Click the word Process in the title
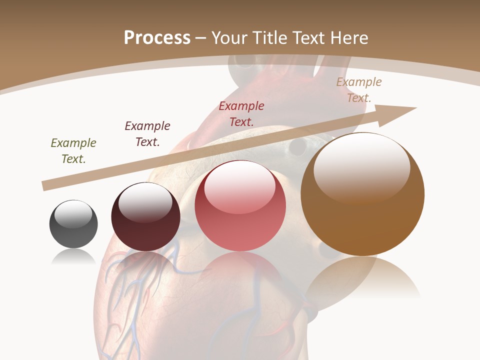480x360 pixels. (x=157, y=37)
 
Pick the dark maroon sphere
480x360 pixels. (x=145, y=220)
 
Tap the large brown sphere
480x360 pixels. (x=362, y=200)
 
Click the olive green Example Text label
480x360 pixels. (x=73, y=150)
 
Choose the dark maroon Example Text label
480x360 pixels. (x=147, y=133)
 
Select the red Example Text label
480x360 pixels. (x=241, y=113)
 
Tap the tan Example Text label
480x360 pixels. (x=359, y=90)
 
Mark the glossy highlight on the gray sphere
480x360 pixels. (x=73, y=213)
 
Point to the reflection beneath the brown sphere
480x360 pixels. (x=362, y=280)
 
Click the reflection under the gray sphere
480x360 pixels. (x=73, y=257)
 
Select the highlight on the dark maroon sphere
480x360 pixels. (x=145, y=200)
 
